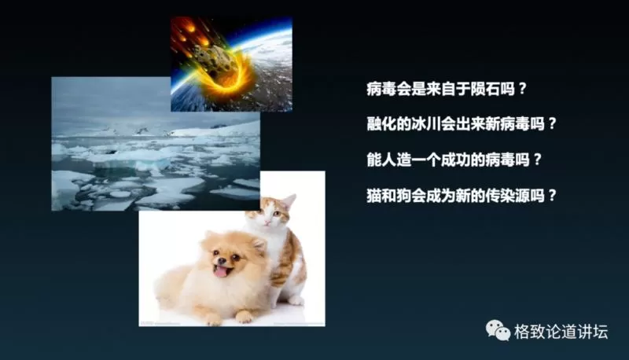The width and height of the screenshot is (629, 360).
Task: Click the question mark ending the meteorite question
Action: click(x=522, y=89)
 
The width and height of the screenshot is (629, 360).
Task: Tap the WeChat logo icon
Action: click(x=498, y=330)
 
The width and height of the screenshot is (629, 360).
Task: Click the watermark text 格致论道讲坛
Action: click(x=561, y=332)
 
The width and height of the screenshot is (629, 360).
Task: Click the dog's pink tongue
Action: click(x=221, y=272)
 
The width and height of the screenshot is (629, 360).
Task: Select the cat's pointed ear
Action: click(x=289, y=201)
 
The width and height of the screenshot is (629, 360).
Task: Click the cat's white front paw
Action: click(x=296, y=299)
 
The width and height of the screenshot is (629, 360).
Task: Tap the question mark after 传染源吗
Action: click(x=552, y=196)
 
